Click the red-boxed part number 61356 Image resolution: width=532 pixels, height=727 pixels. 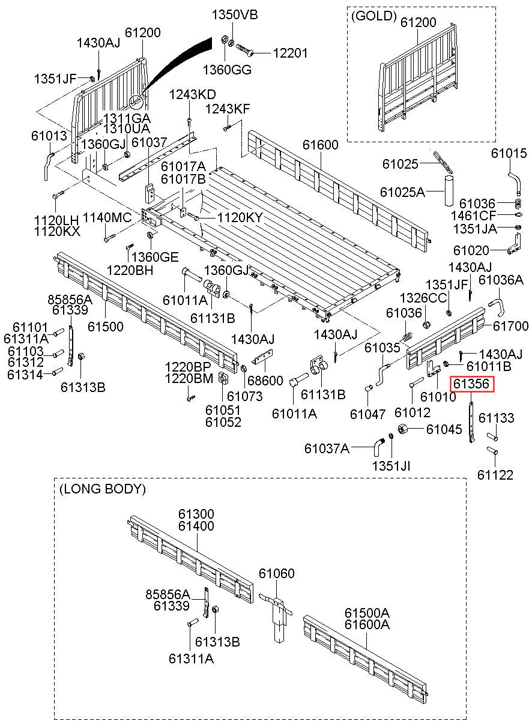point(471,384)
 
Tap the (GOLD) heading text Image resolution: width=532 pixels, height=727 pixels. point(374,16)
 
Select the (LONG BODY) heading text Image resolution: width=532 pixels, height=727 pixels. point(103,489)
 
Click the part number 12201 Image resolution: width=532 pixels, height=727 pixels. point(290,53)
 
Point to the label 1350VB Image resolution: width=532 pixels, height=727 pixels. point(235,15)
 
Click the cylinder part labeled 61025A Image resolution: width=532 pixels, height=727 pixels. point(449,191)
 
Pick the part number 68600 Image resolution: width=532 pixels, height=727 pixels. point(265,381)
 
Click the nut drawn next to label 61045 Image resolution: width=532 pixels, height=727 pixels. point(403,429)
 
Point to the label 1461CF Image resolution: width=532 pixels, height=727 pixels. point(473,215)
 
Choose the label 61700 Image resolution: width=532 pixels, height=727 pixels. point(510,325)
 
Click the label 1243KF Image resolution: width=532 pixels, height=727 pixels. point(228,109)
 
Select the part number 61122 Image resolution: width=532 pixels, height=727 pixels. point(495,475)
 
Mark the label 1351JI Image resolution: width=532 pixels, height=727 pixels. point(391,466)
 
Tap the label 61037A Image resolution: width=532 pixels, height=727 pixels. point(327,448)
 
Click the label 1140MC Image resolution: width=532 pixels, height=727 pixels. point(107,217)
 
